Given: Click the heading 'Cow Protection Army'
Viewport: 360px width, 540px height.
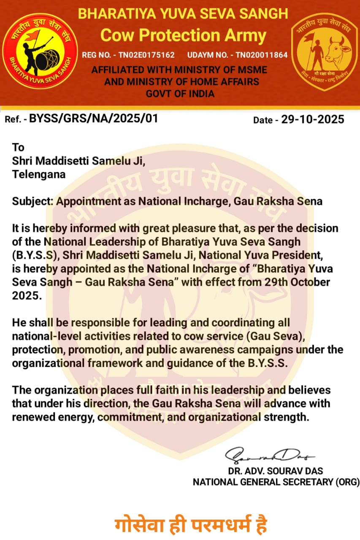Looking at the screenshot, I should pos(183,35).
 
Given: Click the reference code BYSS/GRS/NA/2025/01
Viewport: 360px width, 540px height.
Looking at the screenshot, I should pos(93,118).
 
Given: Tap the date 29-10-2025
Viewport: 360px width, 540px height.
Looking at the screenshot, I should pos(313,119).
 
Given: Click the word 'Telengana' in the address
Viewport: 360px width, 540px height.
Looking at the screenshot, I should pos(38,174).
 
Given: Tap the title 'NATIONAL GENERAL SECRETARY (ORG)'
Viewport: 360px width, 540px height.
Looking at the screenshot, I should pos(276,482).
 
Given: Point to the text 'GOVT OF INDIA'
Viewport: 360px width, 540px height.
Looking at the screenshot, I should pos(180,93).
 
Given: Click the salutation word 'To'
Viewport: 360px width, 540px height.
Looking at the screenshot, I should pos(18,147).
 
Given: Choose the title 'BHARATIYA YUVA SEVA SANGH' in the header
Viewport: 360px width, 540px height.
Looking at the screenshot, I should pos(183,14).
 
